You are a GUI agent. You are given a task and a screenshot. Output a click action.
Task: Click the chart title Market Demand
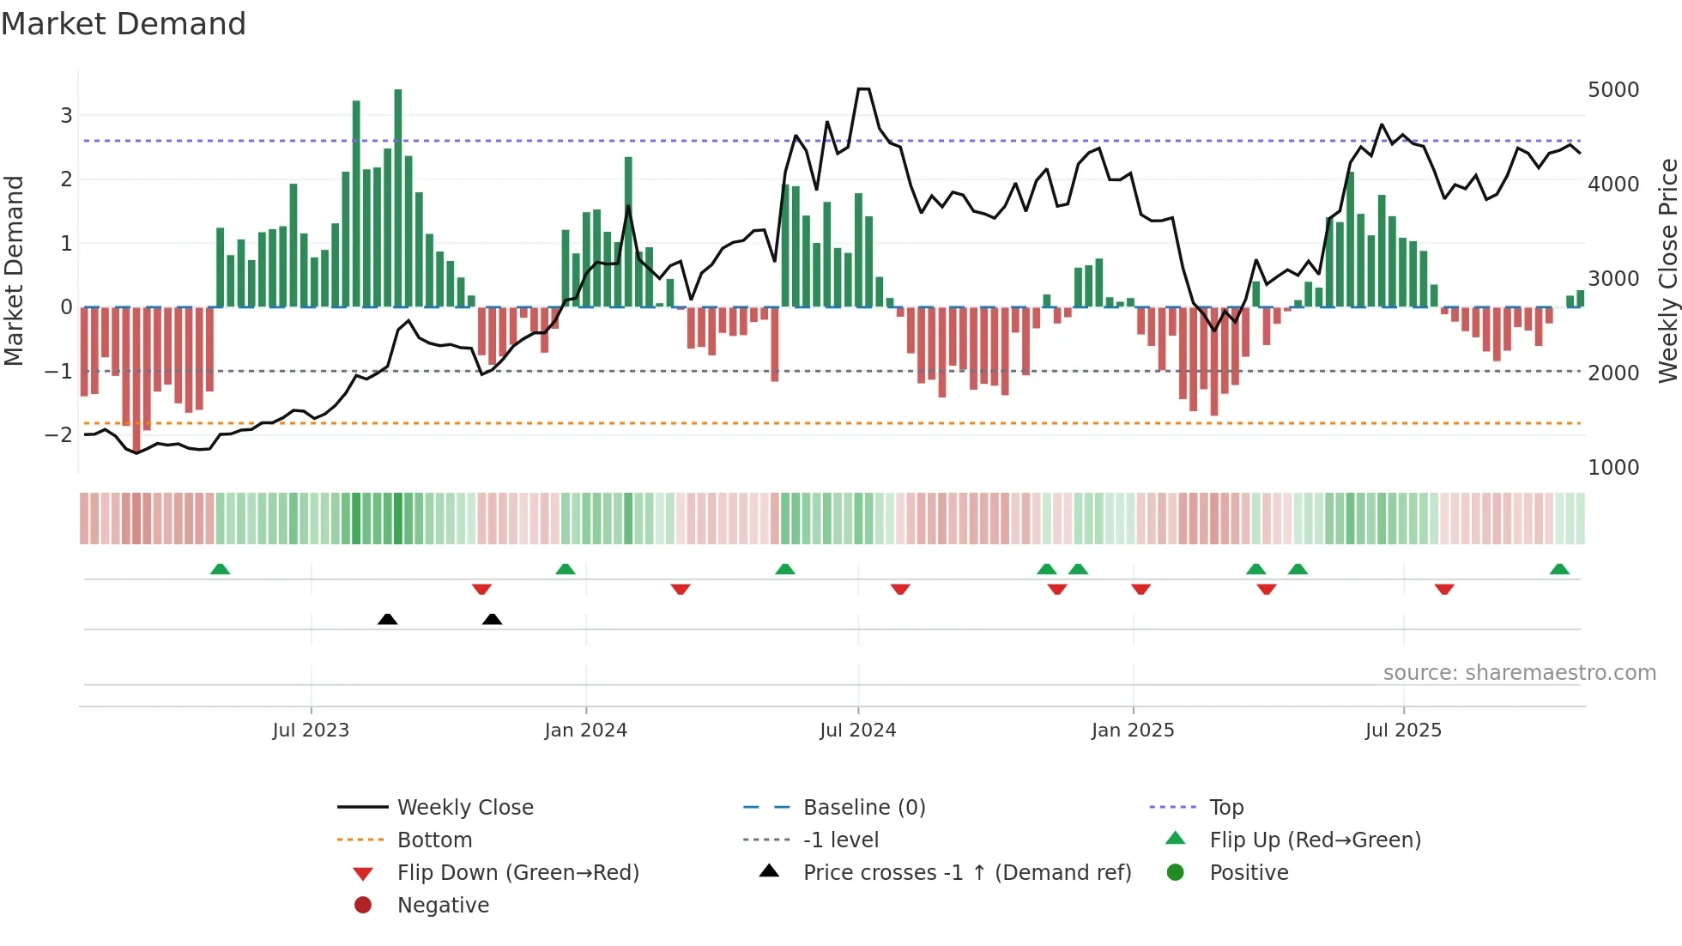[x=124, y=24]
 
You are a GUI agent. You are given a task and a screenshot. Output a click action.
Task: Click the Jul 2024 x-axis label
[x=857, y=731]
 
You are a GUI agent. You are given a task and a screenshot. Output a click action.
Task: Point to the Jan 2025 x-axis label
[x=1132, y=731]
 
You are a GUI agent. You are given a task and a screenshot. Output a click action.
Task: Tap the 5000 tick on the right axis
[x=1613, y=90]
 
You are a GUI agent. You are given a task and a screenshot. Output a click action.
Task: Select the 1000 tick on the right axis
[x=1613, y=468]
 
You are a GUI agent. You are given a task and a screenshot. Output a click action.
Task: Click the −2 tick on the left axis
[x=58, y=435]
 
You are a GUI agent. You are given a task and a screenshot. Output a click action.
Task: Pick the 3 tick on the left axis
[x=66, y=115]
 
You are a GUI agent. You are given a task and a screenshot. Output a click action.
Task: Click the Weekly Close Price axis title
[x=1667, y=270]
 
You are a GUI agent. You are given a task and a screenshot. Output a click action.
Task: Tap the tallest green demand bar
[x=398, y=197]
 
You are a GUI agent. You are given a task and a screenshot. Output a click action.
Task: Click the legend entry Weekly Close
[x=464, y=808]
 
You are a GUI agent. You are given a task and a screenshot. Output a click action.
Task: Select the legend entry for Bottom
[x=434, y=840]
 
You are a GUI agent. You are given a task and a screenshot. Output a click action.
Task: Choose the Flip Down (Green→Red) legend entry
[x=517, y=873]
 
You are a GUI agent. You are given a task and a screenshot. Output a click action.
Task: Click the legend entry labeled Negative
[x=443, y=906]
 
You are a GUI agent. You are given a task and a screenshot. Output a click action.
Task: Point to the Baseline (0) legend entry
[x=863, y=808]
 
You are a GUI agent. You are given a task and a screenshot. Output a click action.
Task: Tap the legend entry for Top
[x=1226, y=808]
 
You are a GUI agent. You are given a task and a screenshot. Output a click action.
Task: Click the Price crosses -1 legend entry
[x=966, y=873]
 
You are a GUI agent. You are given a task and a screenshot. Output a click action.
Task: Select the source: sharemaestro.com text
[x=1519, y=673]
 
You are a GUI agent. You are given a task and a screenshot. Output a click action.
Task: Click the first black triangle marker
[x=387, y=619]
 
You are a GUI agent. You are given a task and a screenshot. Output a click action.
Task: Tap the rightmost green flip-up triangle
[x=1559, y=569]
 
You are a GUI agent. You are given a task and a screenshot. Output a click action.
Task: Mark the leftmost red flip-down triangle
[x=481, y=589]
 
